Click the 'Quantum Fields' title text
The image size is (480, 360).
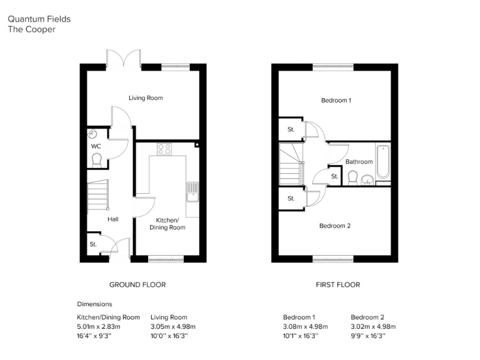pyautogui.click(x=39, y=19)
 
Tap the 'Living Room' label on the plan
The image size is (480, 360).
pyautogui.click(x=146, y=98)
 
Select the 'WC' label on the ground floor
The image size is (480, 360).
pyautogui.click(x=96, y=146)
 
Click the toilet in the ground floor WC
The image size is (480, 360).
pyautogui.click(x=96, y=161)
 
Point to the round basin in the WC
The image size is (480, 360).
pyautogui.click(x=93, y=133)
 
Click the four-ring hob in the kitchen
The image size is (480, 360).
pyautogui.click(x=164, y=149)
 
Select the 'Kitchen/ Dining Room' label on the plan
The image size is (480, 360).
pyautogui.click(x=167, y=224)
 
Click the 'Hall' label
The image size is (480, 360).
pyautogui.click(x=112, y=219)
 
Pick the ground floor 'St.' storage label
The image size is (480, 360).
pyautogui.click(x=93, y=244)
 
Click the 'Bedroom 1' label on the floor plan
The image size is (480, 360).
pyautogui.click(x=336, y=100)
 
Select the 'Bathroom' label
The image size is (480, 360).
pyautogui.click(x=359, y=162)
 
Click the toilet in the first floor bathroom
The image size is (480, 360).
pyautogui.click(x=352, y=179)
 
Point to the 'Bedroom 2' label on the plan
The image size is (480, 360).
pyautogui.click(x=335, y=226)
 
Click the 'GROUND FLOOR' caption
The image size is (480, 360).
pyautogui.click(x=137, y=285)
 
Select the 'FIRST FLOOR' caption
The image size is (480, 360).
pyautogui.click(x=337, y=285)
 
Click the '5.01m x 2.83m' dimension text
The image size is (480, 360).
pyautogui.click(x=99, y=326)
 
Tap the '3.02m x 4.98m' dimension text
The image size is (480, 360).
pyautogui.click(x=373, y=326)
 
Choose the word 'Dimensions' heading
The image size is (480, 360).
pyautogui.click(x=94, y=304)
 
